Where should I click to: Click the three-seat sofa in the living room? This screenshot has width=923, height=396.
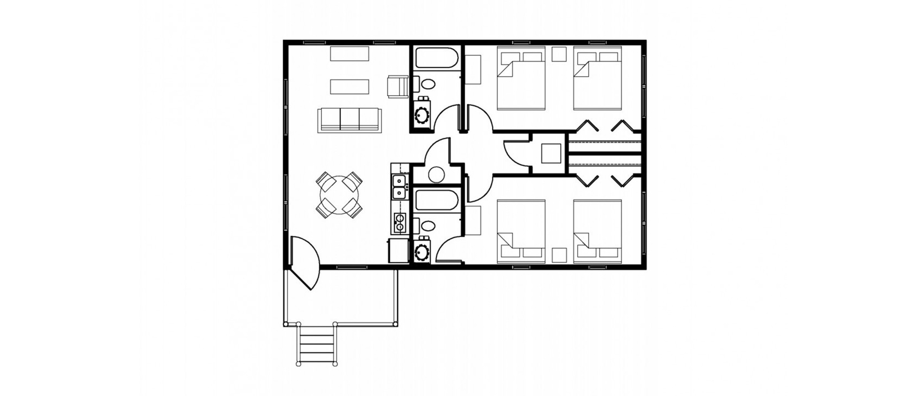350,120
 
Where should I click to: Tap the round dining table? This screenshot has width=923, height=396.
339,195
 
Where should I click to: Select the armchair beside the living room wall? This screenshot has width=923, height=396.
398,87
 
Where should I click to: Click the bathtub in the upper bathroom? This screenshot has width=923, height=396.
437,58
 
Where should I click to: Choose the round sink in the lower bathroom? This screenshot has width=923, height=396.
422,252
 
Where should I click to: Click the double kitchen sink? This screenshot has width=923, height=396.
400,186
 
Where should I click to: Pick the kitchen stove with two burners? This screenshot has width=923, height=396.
400,223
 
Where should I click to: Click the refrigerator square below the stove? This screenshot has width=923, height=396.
398,250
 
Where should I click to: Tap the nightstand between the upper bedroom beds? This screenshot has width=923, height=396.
559,54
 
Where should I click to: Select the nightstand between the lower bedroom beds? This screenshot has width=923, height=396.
559,255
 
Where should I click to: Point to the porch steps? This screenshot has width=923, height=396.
317,345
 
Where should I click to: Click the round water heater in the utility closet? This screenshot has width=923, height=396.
436,175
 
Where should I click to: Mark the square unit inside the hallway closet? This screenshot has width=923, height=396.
551,153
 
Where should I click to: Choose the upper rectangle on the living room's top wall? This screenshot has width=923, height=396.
350,54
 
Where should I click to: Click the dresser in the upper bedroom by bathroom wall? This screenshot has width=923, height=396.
473,69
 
